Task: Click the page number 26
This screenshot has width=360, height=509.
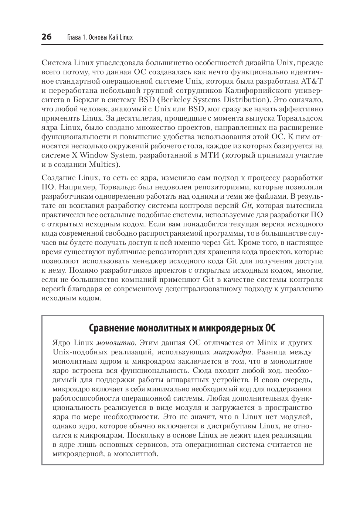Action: coord(47,37)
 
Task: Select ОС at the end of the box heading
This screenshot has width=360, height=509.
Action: coord(270,328)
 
